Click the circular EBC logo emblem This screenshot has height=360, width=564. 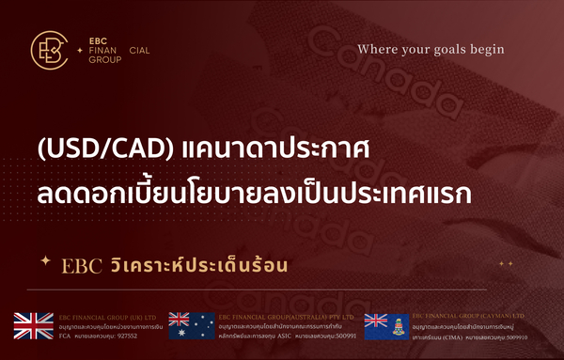click(x=48, y=51)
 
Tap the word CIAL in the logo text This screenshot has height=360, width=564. click(x=137, y=50)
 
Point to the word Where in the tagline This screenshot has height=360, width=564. click(x=378, y=50)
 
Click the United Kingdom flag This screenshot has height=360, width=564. click(x=33, y=325)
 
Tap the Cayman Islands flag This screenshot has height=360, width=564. click(x=384, y=325)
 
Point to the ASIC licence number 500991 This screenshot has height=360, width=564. click(x=344, y=335)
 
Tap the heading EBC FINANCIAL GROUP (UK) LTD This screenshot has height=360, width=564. click(x=104, y=317)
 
